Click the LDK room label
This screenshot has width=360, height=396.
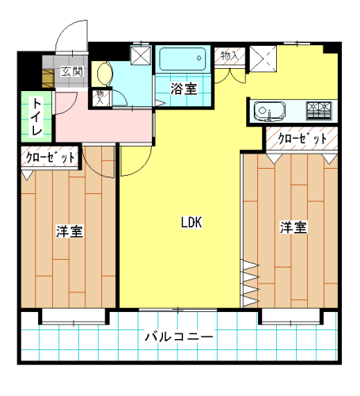[191, 223]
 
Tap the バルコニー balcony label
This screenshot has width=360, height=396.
[179, 337]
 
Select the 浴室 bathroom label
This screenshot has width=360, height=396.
[184, 89]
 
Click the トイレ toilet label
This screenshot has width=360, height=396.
[36, 116]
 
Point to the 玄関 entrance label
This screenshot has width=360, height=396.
[72, 71]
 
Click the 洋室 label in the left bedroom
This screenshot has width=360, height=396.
[70, 231]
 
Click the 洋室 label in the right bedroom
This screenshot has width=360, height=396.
[294, 227]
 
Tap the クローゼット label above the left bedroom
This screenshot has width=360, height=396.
[50, 158]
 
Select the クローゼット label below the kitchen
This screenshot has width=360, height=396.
[302, 138]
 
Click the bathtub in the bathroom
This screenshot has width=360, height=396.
[183, 59]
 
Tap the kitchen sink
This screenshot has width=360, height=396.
[270, 112]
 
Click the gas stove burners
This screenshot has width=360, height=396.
[319, 111]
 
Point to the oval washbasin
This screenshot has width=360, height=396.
[105, 74]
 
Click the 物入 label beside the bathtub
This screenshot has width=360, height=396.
[230, 56]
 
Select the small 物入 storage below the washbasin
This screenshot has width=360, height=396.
[100, 97]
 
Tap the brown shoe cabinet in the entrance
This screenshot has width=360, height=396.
[47, 78]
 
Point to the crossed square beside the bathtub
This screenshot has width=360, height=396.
[141, 55]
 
